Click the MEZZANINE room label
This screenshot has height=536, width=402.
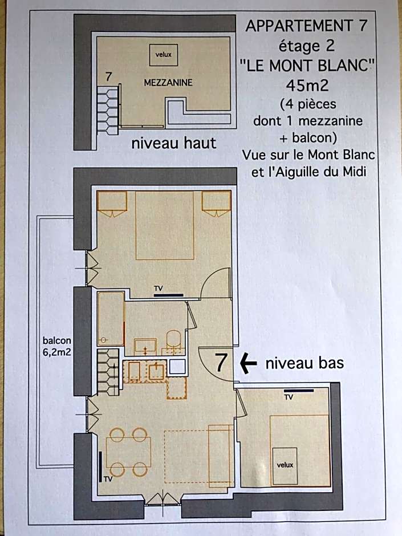pos(168,83)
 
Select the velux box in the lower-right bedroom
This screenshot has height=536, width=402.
pos(285,464)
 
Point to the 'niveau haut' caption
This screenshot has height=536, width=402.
pos(174,143)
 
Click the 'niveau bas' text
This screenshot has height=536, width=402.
pos(304,362)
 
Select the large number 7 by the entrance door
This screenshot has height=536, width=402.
pos(222,363)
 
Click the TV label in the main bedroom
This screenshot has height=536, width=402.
pos(159,289)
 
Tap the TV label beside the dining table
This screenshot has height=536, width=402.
pos(108,478)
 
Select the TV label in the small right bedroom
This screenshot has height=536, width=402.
pos(289,396)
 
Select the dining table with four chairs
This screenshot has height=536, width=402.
pos(128,453)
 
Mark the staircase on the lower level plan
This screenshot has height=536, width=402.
pos(108,371)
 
